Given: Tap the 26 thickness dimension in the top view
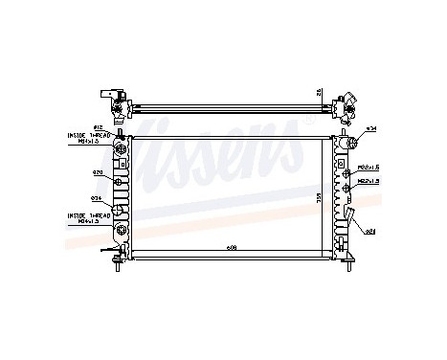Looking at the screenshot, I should click(318, 94).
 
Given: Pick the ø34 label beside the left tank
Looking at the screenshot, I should click(97, 198).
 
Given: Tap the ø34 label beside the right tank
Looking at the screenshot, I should click(371, 128).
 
